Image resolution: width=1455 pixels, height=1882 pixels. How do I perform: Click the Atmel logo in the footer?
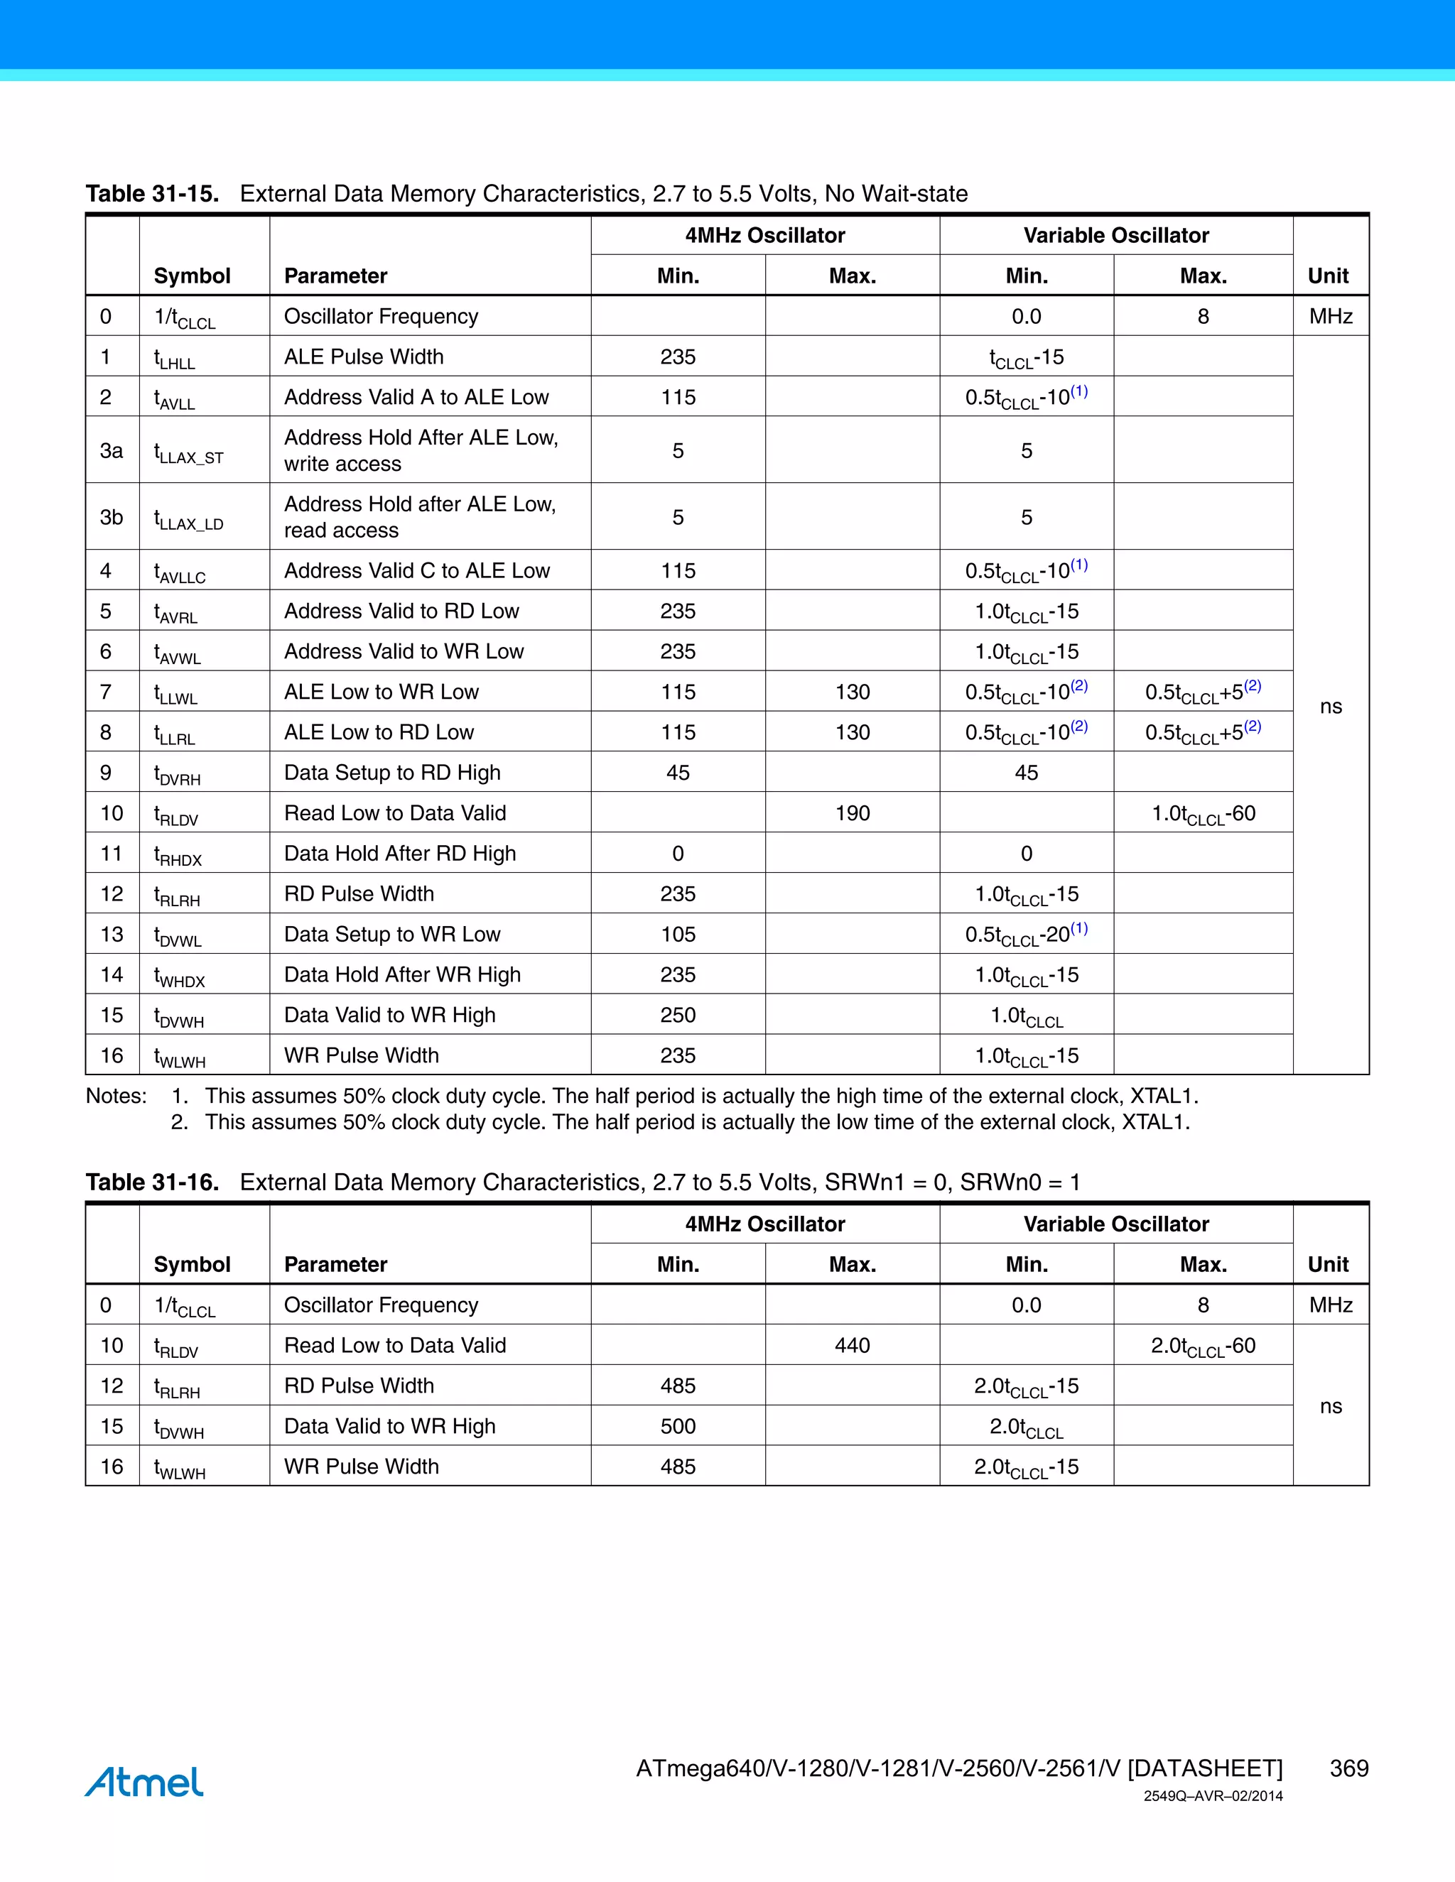pyautogui.click(x=144, y=1782)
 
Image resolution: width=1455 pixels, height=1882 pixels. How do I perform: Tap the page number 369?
pyautogui.click(x=1348, y=1768)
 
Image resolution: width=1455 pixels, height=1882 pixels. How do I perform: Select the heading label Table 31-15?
pyautogui.click(x=152, y=194)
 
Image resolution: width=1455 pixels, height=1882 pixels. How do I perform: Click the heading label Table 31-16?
pyautogui.click(x=152, y=1182)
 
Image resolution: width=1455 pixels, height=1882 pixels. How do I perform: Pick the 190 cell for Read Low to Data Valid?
pyautogui.click(x=852, y=812)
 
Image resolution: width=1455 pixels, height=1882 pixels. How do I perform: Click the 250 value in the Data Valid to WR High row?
pyautogui.click(x=678, y=1015)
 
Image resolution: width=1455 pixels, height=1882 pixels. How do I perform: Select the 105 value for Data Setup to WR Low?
pyautogui.click(x=678, y=934)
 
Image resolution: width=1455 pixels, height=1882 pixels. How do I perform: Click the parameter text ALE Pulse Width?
pyautogui.click(x=364, y=357)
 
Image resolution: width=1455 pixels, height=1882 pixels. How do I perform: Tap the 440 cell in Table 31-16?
pyautogui.click(x=852, y=1345)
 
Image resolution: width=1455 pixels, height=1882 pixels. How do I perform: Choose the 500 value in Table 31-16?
pyautogui.click(x=678, y=1426)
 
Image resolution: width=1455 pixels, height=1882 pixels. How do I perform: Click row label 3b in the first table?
pyautogui.click(x=112, y=517)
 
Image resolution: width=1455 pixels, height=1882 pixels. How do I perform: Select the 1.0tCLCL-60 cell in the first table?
pyautogui.click(x=1204, y=813)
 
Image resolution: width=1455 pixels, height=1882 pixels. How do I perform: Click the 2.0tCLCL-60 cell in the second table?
pyautogui.click(x=1204, y=1346)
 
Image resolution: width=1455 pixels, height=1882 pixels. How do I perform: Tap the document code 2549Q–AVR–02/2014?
pyautogui.click(x=1213, y=1797)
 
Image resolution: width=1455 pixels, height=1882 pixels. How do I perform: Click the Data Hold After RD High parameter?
pyautogui.click(x=400, y=853)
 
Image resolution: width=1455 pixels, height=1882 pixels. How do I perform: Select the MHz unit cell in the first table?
pyautogui.click(x=1330, y=316)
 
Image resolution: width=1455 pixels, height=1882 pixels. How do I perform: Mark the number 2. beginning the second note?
pyautogui.click(x=179, y=1122)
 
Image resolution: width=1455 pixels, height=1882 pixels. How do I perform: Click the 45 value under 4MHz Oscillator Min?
pyautogui.click(x=678, y=773)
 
